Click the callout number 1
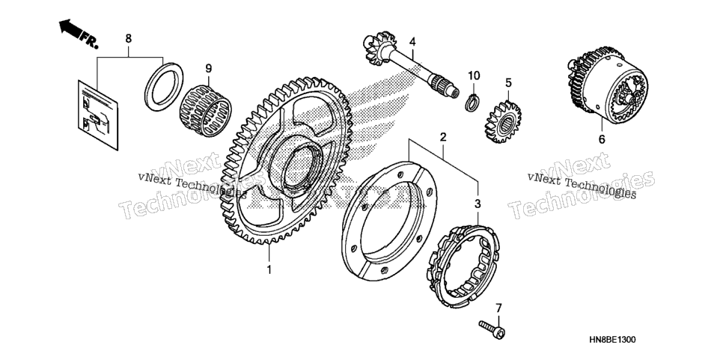coord(269,269)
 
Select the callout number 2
coord(443,136)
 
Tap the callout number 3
coord(478,204)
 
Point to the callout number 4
coord(412,43)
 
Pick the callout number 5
coord(508,83)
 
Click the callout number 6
coord(601,138)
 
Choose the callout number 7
coord(498,308)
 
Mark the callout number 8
coord(128,38)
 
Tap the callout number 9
coord(208,69)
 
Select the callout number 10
coord(474,76)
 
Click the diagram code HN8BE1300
coord(612,340)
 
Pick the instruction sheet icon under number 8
coord(98,115)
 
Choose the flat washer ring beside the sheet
coord(164,87)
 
